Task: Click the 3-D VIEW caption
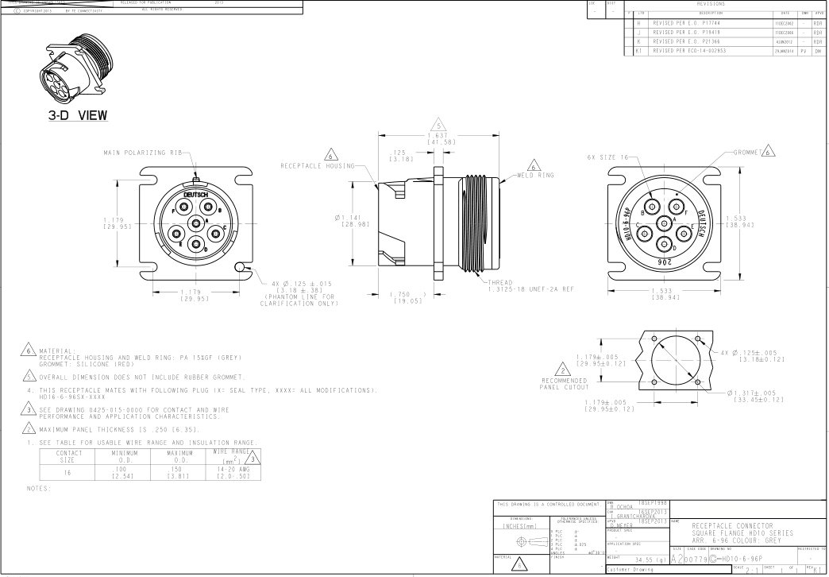tap(77, 116)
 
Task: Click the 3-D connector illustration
tap(73, 71)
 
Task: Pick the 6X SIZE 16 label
tap(607, 157)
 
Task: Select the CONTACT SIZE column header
tap(69, 455)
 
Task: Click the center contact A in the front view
tap(193, 224)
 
